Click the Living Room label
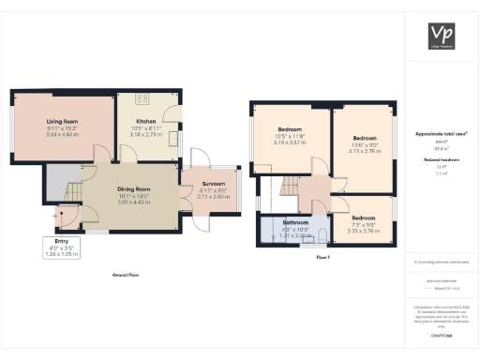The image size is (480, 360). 63,122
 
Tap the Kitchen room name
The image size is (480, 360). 145,122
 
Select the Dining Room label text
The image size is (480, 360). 134,189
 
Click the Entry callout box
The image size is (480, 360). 62,247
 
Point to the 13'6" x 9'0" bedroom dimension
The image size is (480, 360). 364,144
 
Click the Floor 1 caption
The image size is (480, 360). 323,256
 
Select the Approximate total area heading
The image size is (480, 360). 436,134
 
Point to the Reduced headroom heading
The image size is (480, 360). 436,160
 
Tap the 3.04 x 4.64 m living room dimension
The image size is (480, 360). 63,135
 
